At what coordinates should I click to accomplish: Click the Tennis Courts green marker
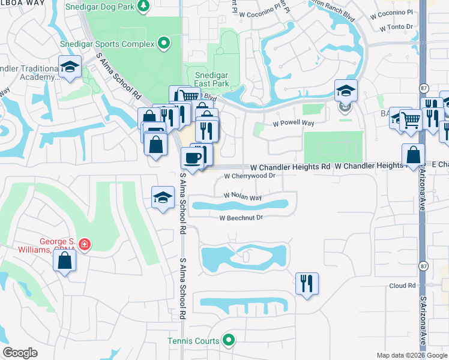tap(228, 341)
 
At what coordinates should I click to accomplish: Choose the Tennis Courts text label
tap(193, 341)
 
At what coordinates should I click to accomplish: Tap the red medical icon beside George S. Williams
tap(85, 244)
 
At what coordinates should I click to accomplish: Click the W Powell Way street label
tap(294, 123)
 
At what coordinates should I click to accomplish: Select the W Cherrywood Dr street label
tap(249, 176)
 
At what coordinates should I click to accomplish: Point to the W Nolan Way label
tap(243, 196)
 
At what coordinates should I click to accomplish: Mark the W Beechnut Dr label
tap(241, 218)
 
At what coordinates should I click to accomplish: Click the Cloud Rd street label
tap(402, 286)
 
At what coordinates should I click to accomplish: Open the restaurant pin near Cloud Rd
tap(307, 283)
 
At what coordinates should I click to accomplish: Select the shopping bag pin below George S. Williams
tap(64, 261)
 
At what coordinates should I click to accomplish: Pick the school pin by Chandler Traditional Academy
tap(70, 67)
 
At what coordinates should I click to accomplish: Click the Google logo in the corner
tap(20, 353)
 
